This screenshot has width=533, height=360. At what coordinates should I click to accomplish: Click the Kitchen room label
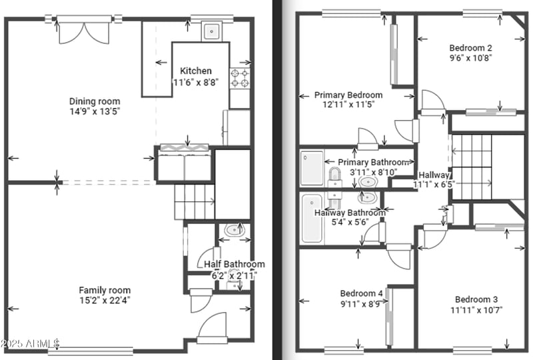click(x=196, y=71)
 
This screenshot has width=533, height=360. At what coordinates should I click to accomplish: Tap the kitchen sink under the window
click(x=212, y=31)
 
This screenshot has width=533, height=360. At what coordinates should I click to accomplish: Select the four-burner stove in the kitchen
click(x=240, y=79)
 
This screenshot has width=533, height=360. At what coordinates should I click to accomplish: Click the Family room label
click(x=105, y=290)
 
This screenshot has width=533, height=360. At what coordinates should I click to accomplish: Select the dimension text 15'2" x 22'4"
click(x=105, y=300)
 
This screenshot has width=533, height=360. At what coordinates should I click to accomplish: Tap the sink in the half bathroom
click(x=235, y=231)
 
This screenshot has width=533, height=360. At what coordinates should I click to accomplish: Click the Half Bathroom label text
click(x=234, y=264)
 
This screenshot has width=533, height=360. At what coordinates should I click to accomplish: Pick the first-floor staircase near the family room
click(x=195, y=202)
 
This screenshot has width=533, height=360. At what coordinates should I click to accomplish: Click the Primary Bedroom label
click(x=348, y=95)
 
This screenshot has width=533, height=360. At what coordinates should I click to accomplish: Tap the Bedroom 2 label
click(x=470, y=47)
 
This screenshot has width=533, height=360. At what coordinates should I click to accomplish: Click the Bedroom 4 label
click(x=361, y=293)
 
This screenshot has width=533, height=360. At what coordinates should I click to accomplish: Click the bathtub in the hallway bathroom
click(x=311, y=219)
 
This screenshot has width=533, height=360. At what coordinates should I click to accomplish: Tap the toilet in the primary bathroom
click(x=335, y=177)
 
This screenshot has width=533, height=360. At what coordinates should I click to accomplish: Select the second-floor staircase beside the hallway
click(x=472, y=167)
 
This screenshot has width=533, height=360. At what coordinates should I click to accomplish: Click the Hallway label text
click(x=434, y=175)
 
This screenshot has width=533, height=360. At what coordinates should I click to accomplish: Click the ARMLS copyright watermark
click(x=30, y=343)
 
